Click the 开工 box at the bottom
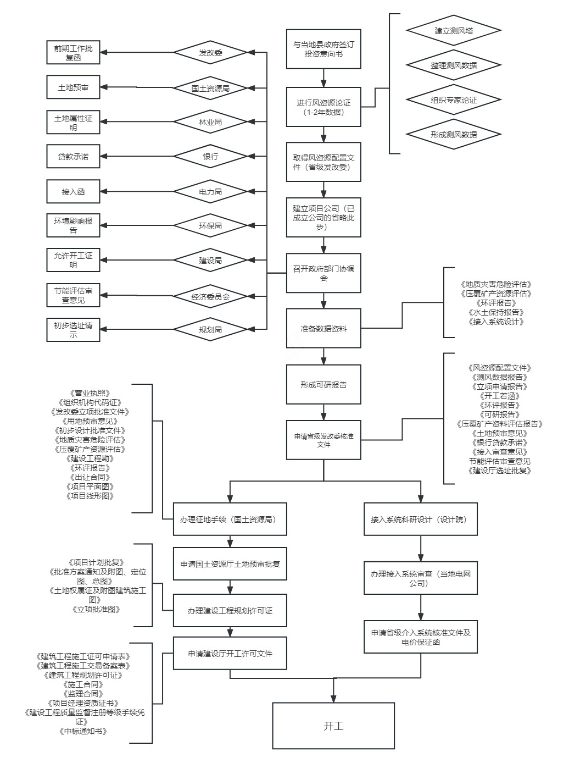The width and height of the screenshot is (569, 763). [333, 726]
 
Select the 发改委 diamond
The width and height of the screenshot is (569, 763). [210, 53]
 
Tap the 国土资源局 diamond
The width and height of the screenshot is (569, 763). [210, 88]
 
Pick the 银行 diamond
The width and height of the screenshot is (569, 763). [210, 157]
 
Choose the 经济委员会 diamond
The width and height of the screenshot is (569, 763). [210, 296]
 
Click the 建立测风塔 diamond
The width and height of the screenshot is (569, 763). [454, 31]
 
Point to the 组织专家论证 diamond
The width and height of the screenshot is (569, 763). [454, 100]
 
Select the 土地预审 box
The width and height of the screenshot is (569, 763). [74, 87]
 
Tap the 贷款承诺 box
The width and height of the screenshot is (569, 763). [74, 157]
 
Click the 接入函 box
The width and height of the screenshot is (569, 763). [74, 192]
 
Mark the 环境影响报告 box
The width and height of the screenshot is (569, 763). [74, 226]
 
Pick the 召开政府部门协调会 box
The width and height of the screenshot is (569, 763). [323, 273]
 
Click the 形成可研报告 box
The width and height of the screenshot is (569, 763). [323, 385]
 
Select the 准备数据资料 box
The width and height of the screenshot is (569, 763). [323, 329]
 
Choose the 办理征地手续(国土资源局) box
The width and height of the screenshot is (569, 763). [230, 519]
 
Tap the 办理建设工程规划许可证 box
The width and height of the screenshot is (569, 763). [230, 610]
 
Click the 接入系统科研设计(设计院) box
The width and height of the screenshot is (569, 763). [421, 519]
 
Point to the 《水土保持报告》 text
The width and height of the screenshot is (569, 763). [495, 312]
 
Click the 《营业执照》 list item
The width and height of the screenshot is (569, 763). [90, 393]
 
